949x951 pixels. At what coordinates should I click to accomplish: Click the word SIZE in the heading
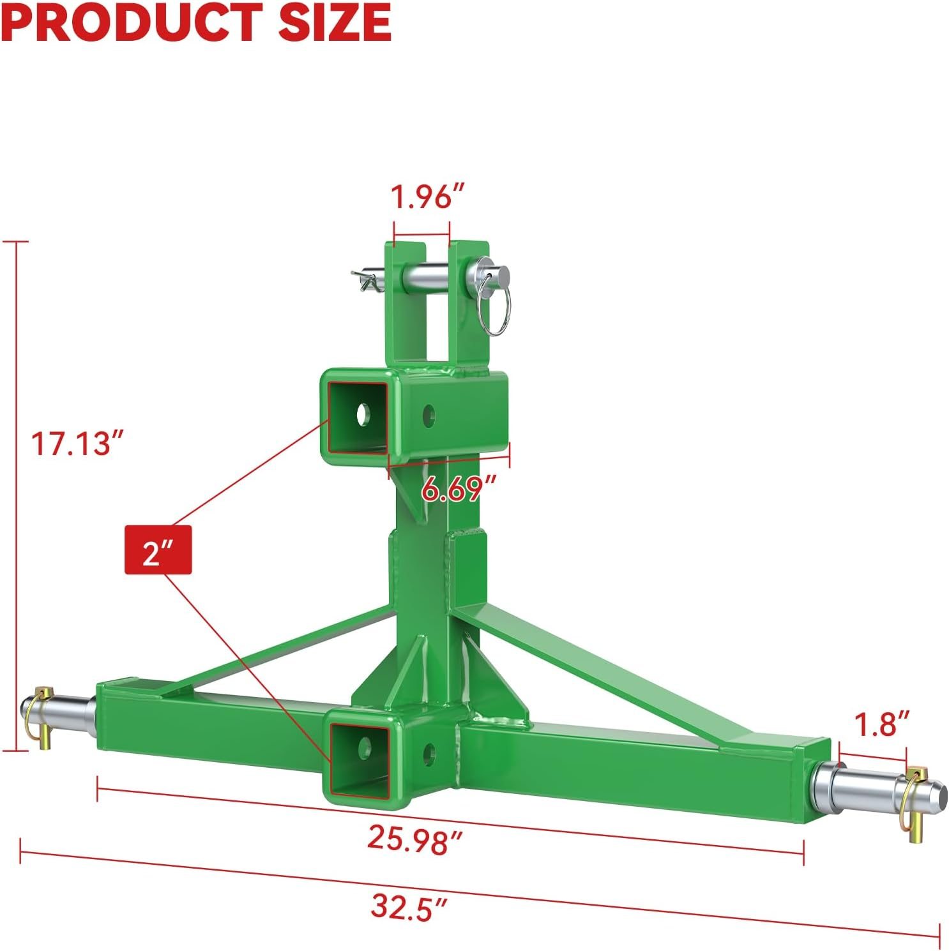pos(334,23)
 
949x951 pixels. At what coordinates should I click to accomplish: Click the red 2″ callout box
pos(158,550)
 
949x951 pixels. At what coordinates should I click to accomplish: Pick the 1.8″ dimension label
pos(881,724)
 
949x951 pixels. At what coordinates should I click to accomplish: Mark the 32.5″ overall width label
pos(409,906)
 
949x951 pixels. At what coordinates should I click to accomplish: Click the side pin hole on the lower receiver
pos(429,753)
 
